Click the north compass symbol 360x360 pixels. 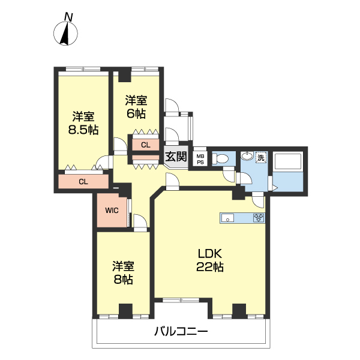coord(65,33)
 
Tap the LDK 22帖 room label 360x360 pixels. coord(210,260)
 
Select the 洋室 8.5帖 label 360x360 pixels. coord(83,123)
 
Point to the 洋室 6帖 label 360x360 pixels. coord(136,107)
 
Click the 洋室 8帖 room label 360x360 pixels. coord(123,273)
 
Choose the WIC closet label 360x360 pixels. coord(112,211)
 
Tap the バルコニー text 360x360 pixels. coord(181,332)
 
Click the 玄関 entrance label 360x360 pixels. coord(176,157)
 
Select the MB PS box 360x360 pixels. coord(200,159)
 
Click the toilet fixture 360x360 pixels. coord(220,158)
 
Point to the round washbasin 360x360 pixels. coord(247,156)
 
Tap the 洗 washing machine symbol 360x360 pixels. coord(260,158)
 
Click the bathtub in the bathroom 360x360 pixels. coord(288,161)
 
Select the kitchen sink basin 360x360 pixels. coord(227,218)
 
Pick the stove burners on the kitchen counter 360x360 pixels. coord(259,218)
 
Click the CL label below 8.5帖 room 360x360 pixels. coord(83,182)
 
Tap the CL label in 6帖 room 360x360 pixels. coord(146,145)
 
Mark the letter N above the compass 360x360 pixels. coord(68,17)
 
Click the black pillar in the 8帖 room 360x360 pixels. coord(125,311)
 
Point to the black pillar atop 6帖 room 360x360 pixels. coord(125,74)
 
